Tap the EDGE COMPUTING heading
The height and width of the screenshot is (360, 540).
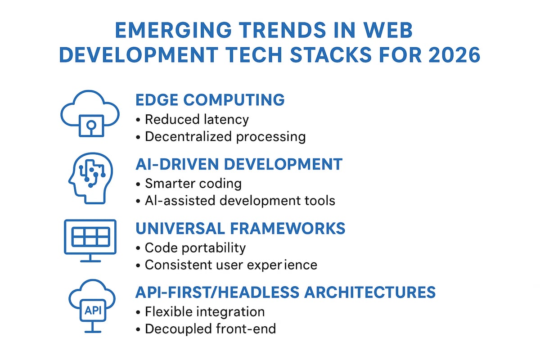210,100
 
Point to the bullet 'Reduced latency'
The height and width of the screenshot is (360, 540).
197,119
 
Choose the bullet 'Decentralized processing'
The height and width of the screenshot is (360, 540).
225,137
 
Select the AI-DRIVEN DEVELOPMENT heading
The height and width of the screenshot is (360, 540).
239,164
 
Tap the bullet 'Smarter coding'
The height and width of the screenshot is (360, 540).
193,184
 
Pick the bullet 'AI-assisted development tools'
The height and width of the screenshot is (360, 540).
240,200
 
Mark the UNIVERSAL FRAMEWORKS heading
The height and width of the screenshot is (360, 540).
240,229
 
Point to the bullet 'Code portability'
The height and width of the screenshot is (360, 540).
195,248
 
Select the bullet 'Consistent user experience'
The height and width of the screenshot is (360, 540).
231,265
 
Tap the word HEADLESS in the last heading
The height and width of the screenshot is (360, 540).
256,292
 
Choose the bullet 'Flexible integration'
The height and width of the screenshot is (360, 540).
205,311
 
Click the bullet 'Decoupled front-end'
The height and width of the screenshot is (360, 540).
210,329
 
